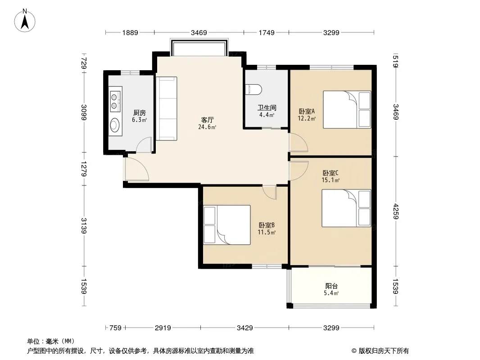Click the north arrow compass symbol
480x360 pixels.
[25, 21]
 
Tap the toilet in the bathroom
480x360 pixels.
[254, 89]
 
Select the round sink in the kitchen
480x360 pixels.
[115, 125]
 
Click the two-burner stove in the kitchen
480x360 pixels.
[114, 102]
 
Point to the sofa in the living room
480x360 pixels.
[167, 108]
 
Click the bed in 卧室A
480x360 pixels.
[347, 109]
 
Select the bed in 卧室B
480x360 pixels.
[227, 225]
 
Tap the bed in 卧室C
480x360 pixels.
[346, 208]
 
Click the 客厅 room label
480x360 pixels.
[207, 120]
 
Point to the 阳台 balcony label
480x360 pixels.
[331, 286]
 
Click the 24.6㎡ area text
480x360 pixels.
[207, 127]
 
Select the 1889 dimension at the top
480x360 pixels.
[130, 32]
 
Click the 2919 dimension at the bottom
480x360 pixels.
[163, 328]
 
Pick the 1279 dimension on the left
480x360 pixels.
[84, 169]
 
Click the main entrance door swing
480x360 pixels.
[136, 169]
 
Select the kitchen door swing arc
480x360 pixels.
[144, 144]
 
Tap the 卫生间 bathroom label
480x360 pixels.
[267, 108]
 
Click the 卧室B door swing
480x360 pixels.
[270, 192]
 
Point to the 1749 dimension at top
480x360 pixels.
[267, 32]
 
